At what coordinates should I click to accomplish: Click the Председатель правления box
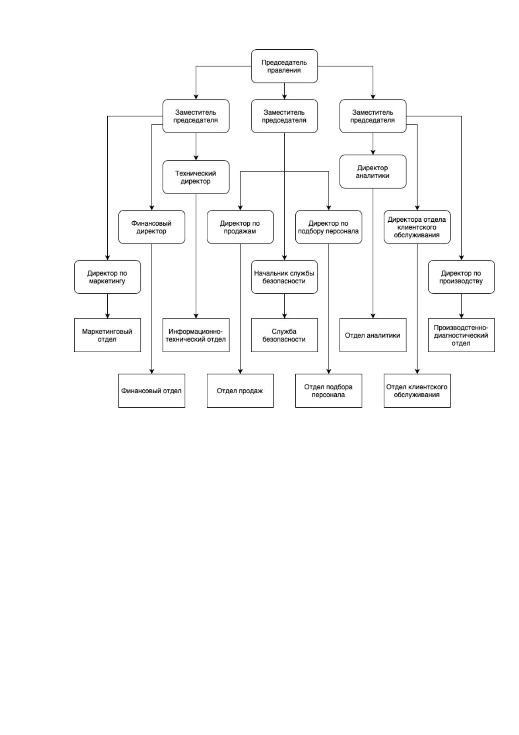(284, 66)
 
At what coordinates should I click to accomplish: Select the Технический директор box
(196, 177)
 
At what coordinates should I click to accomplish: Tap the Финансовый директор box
(151, 227)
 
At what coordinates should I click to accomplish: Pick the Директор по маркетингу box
(107, 277)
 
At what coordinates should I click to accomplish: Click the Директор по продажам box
(240, 227)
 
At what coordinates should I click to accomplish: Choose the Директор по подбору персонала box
(328, 227)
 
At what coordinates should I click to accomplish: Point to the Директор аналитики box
(373, 172)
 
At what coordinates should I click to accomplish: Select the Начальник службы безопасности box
(284, 277)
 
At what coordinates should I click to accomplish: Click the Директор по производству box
(461, 277)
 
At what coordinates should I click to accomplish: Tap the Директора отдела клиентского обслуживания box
(417, 227)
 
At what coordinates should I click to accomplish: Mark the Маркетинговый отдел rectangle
(107, 335)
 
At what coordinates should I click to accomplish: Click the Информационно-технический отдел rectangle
(196, 335)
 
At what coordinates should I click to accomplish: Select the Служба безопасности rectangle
(284, 335)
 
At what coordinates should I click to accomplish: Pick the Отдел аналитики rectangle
(373, 335)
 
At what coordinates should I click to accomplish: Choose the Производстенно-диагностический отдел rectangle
(461, 335)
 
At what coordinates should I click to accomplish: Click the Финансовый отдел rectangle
(151, 391)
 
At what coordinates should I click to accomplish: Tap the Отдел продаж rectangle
(240, 391)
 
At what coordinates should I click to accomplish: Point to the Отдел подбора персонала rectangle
(328, 391)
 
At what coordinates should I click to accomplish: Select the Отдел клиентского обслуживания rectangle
(417, 391)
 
